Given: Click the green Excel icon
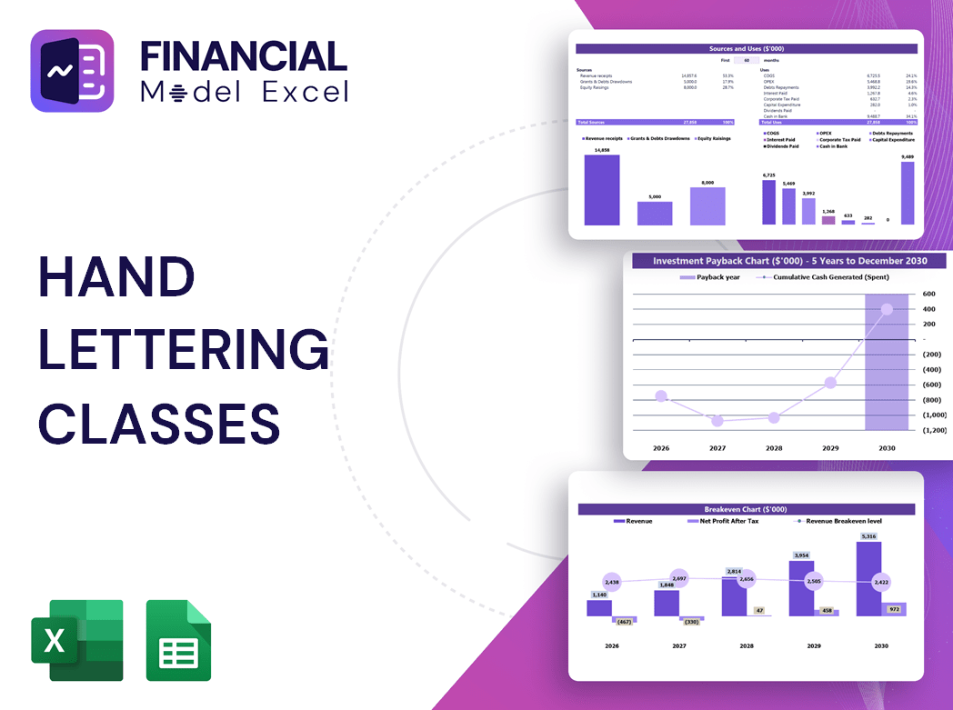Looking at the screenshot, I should point(76,640).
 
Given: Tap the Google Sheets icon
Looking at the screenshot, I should point(178,640).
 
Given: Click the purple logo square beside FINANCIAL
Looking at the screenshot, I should point(72,71).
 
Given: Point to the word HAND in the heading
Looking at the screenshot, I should point(116,276).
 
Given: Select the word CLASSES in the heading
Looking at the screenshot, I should point(159,423).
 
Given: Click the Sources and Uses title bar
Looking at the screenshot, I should point(747,48).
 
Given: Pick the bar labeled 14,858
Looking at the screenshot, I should point(601,190).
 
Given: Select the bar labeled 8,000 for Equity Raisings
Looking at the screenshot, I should point(707,206).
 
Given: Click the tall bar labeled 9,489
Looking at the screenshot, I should point(908,193).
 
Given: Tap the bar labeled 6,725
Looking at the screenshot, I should point(768,202).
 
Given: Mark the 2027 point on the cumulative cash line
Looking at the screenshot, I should point(717,421).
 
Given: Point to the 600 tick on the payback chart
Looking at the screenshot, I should point(928,294).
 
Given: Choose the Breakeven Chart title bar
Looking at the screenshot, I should point(746,509).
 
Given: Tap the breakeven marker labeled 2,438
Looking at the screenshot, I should point(611,582).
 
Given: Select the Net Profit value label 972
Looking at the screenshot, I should point(893,608).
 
